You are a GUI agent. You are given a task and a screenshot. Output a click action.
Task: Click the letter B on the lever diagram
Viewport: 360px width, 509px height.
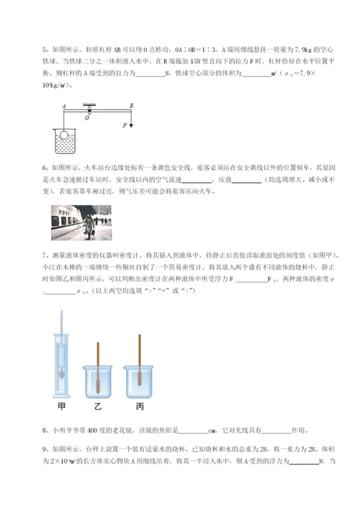pyautogui.click(x=131, y=105)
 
